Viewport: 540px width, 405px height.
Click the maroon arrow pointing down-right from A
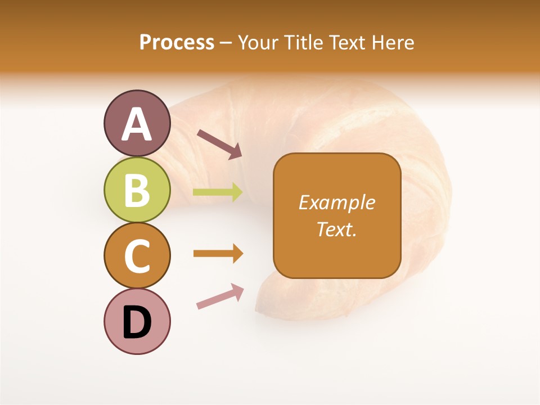tap(219, 144)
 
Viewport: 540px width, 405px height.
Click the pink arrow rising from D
tap(220, 296)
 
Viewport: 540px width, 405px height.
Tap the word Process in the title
tap(177, 43)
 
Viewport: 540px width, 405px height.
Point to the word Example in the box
tap(336, 202)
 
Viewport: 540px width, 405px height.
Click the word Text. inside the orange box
tap(336, 229)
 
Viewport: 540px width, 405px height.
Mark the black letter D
tap(137, 323)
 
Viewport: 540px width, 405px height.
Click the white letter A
tap(137, 124)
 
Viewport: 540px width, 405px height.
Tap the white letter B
tap(137, 190)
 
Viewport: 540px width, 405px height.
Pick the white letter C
tap(137, 256)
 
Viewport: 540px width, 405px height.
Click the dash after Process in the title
tap(226, 43)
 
